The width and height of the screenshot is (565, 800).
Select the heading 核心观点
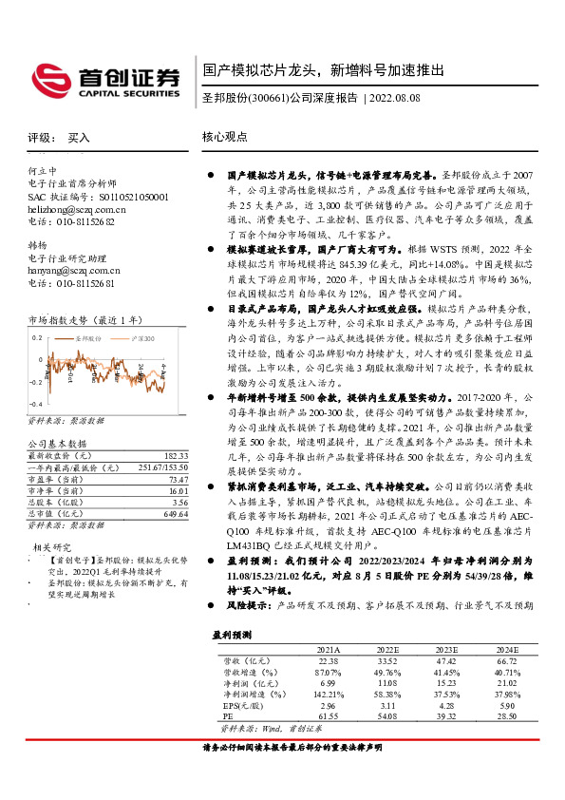pyautogui.click(x=226, y=137)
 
